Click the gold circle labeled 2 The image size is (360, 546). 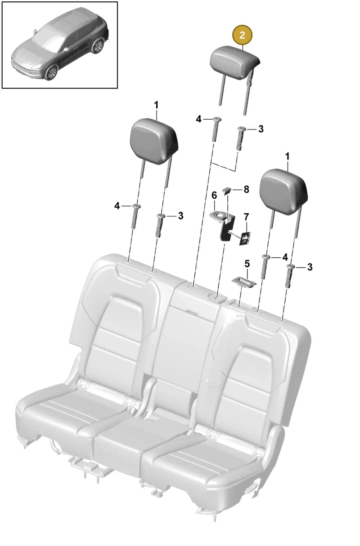click(242, 36)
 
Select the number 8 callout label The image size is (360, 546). click(246, 189)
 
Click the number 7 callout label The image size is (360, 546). click(246, 216)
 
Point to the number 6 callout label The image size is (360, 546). click(214, 195)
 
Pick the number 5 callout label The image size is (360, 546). click(247, 264)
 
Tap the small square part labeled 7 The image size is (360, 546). click(245, 238)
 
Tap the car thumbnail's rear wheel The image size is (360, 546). click(98, 46)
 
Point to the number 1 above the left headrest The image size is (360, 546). click(156, 105)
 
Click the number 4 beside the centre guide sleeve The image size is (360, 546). click(199, 119)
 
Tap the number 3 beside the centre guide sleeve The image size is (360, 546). click(261, 129)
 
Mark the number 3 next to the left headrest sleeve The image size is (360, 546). click(180, 215)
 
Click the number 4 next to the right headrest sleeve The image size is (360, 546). click(285, 257)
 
